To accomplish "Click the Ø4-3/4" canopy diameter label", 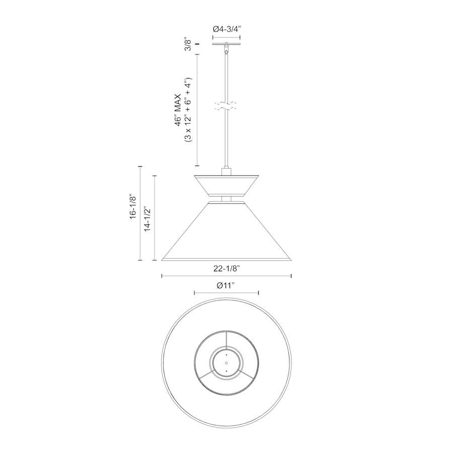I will point(226,30).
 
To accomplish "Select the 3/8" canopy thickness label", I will point(188,44).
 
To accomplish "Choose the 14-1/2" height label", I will point(146,218).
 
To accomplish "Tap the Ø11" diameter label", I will point(226,285).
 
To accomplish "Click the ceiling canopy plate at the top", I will point(226,44).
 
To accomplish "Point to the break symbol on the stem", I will point(226,106).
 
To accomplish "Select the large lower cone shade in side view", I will point(226,232).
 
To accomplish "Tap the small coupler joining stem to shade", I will point(226,172).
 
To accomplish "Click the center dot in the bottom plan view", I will point(226,363).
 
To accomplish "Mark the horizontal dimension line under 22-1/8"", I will point(226,276).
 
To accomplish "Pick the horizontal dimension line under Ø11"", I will point(226,292).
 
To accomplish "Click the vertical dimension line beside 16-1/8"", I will point(140,213).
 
